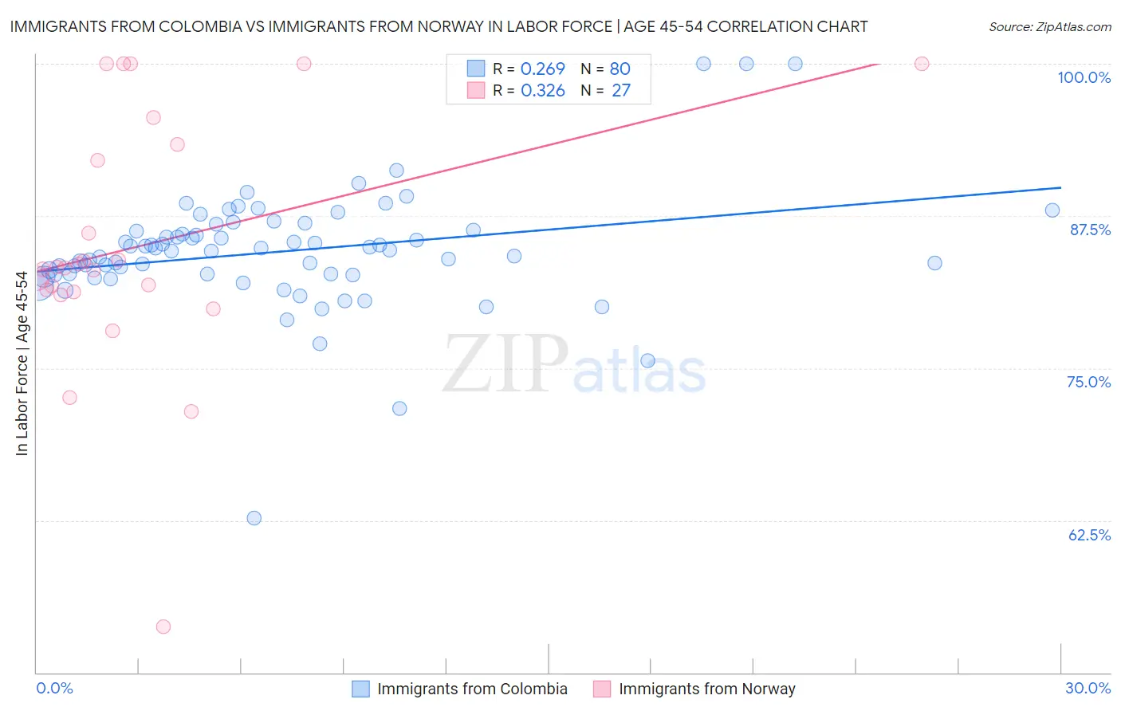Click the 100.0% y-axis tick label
click(x=1084, y=77)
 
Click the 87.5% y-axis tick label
click(x=1089, y=230)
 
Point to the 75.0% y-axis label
click(x=1088, y=382)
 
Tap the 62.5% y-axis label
click(x=1089, y=535)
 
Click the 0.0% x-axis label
click(x=54, y=688)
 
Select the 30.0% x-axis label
click(x=1088, y=688)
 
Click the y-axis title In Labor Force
click(x=22, y=363)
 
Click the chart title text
click(x=439, y=26)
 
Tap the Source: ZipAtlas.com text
click(x=1049, y=26)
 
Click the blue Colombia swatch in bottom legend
click(x=360, y=689)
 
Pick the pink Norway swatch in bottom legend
click(x=602, y=689)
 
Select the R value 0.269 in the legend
click(x=542, y=69)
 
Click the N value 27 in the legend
click(x=620, y=91)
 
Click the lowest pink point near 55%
click(x=163, y=627)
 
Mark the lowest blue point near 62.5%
click(x=254, y=518)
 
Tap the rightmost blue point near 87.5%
click(x=1052, y=210)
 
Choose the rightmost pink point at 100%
click(x=922, y=64)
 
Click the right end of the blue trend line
click(x=1060, y=187)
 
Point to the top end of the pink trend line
click(x=878, y=64)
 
